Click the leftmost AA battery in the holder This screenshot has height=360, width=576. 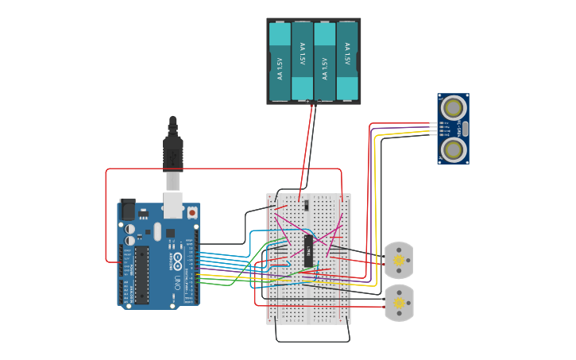(x=280, y=61)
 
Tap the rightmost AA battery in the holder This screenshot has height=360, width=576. (x=347, y=61)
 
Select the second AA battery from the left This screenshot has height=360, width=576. (x=303, y=61)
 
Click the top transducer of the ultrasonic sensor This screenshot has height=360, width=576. (x=453, y=107)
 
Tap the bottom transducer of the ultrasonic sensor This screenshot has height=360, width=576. (x=453, y=149)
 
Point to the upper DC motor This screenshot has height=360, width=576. (x=399, y=258)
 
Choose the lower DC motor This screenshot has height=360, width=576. (x=399, y=302)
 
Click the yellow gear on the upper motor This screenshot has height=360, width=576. (x=399, y=258)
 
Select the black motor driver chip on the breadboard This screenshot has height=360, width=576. (x=308, y=250)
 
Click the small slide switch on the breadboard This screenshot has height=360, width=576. (x=306, y=205)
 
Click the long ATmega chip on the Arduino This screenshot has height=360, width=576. (x=142, y=274)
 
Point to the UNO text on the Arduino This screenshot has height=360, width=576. (x=176, y=281)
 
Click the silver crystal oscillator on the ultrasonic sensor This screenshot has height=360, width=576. (x=465, y=128)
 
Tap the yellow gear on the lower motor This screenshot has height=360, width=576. (x=399, y=302)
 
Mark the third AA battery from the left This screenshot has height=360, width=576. (x=325, y=61)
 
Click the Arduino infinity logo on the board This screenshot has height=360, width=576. (x=176, y=261)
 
